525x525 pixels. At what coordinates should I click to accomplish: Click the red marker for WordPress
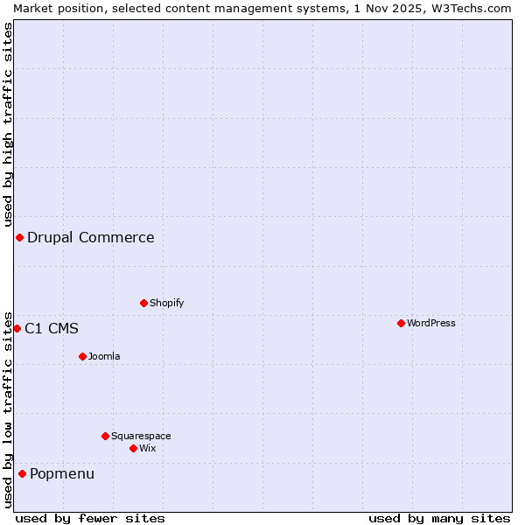tap(401, 323)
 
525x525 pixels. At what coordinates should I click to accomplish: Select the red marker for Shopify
tap(143, 303)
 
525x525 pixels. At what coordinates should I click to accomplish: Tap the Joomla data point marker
tap(82, 356)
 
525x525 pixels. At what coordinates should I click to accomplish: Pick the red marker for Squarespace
tap(105, 436)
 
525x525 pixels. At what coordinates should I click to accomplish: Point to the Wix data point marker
tap(133, 448)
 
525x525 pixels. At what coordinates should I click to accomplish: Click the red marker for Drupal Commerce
tap(19, 237)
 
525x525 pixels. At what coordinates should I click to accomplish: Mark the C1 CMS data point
tap(17, 328)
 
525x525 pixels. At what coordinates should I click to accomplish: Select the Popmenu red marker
tap(22, 473)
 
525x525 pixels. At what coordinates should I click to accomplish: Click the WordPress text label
tap(430, 323)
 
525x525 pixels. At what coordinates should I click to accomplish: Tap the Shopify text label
tap(166, 303)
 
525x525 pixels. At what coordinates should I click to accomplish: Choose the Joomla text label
tap(104, 356)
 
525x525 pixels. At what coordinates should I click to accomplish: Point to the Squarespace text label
tap(141, 436)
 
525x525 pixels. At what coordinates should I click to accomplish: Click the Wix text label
tap(147, 448)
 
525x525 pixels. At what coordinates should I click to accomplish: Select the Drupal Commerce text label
tap(90, 237)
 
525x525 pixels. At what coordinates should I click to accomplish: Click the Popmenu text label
tap(62, 473)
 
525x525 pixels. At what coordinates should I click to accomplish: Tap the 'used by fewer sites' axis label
tap(90, 518)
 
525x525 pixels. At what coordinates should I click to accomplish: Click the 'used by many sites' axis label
tap(439, 518)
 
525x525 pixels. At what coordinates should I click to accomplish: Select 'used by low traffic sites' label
tap(8, 409)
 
